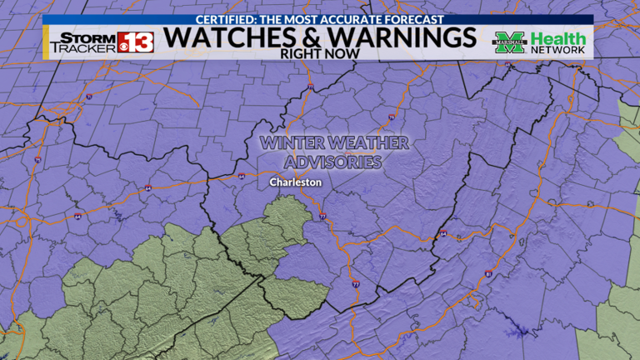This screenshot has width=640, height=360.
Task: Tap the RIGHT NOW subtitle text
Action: (320, 53)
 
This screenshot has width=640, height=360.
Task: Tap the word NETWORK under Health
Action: (558, 51)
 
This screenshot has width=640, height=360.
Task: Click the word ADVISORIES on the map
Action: (333, 162)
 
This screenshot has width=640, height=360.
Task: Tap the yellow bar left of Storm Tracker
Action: (46, 42)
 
